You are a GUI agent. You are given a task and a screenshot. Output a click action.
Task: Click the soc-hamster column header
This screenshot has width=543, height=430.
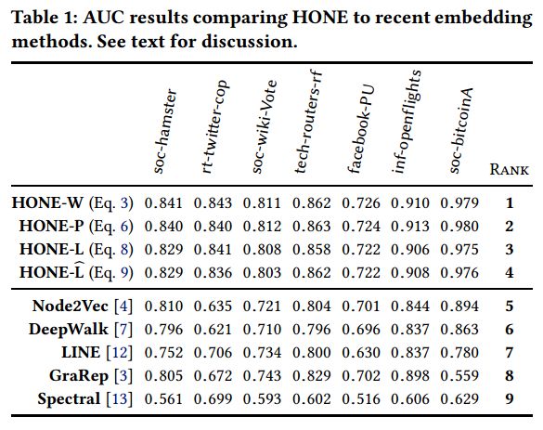[165, 131]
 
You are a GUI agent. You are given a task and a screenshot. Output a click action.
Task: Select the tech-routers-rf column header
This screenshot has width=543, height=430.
[308, 122]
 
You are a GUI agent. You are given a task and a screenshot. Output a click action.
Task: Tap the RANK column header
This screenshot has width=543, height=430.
[509, 169]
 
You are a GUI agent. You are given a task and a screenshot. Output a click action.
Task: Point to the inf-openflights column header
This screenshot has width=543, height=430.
[407, 122]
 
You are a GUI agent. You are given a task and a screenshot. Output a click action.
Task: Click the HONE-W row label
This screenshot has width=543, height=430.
[47, 203]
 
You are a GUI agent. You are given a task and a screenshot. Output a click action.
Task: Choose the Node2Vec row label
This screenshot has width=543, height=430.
[71, 306]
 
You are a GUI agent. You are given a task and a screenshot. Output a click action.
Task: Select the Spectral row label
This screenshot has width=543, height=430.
[69, 399]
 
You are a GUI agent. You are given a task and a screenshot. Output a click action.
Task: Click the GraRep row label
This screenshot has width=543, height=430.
[79, 376]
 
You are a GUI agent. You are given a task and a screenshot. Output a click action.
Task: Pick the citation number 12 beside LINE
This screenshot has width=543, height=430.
[120, 353]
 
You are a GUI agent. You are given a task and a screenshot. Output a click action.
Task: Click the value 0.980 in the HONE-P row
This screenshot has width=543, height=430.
[459, 227]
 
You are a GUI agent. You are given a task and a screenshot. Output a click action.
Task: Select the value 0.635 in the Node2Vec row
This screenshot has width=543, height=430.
[213, 306]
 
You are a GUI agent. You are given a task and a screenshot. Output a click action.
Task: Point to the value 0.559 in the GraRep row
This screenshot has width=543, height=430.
[459, 376]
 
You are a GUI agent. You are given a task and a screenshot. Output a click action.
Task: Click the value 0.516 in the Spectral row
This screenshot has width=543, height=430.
[361, 399]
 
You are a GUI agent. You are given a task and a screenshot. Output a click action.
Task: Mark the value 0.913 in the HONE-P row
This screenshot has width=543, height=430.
[410, 227]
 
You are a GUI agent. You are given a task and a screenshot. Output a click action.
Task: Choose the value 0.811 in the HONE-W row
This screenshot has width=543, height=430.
[262, 203]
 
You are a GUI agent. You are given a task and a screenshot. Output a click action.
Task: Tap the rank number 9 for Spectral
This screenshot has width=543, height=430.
[509, 399]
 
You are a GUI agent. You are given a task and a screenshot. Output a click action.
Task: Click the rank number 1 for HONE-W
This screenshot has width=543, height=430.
[509, 203]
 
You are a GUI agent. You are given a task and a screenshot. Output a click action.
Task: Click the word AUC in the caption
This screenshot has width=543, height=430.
[104, 18]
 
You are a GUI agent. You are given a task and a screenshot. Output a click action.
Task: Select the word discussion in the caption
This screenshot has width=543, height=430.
[250, 42]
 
